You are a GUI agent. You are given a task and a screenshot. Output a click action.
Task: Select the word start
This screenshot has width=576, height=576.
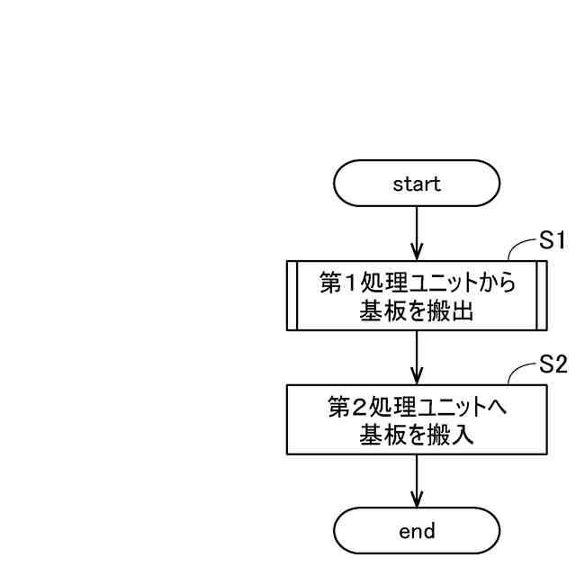(x=417, y=184)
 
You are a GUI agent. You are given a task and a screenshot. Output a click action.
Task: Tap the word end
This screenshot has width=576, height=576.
(x=417, y=531)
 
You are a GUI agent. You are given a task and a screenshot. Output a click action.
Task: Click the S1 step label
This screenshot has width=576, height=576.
(x=552, y=240)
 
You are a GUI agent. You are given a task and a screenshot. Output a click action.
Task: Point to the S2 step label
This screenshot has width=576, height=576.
(x=552, y=364)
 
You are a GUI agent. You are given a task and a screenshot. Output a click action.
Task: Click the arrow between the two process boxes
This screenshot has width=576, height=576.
(x=417, y=356)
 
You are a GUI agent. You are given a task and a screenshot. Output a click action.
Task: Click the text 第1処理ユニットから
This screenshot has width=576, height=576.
(x=417, y=283)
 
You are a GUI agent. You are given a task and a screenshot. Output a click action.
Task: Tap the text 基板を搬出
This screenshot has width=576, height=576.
(x=417, y=312)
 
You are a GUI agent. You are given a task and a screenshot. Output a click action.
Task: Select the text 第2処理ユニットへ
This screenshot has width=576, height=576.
(x=417, y=408)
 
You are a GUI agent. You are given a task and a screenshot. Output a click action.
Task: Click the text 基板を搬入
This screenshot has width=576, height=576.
(x=417, y=436)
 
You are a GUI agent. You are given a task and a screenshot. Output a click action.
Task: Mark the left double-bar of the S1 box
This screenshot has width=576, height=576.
(x=292, y=295)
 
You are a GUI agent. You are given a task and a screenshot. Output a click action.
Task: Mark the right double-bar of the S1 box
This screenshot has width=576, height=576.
(x=541, y=295)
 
